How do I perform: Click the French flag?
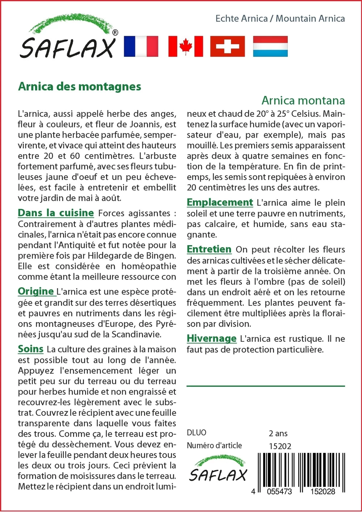[141, 46]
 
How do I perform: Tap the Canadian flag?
[185, 46]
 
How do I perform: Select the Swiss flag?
[227, 46]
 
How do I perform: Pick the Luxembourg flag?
[270, 46]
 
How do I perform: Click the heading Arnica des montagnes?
[80, 87]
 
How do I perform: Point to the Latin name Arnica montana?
[303, 100]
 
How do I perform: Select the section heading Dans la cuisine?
[56, 213]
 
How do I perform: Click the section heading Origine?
[36, 291]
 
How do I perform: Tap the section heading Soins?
[31, 349]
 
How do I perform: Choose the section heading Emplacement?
[220, 202]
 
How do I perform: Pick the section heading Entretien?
[209, 249]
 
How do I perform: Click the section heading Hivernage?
[211, 339]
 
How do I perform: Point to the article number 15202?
[280, 446]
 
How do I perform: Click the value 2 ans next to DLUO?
[278, 433]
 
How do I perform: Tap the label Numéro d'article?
[214, 446]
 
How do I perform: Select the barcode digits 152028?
[322, 491]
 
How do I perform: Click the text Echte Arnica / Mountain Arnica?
[280, 18]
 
